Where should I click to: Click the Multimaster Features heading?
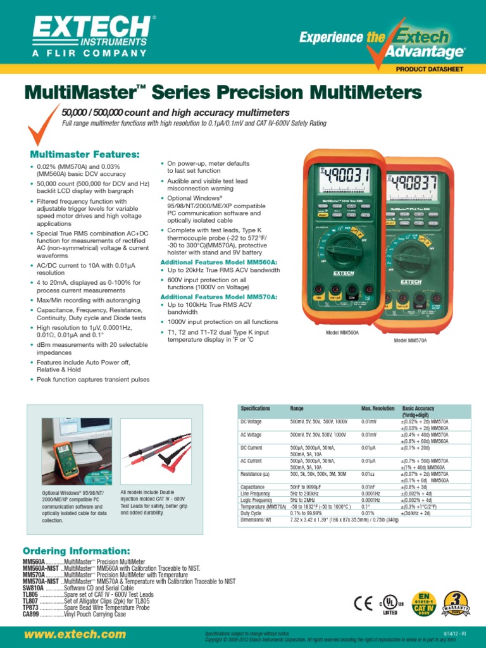pos(85,154)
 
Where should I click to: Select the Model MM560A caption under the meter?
pos(342,332)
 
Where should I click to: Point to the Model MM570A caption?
pos(410,340)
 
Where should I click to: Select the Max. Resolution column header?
pos(378,409)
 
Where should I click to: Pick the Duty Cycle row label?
pos(252,514)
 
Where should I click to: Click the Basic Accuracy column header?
pos(418,409)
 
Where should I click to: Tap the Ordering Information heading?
pos(77,551)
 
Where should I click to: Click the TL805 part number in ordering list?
pos(31,595)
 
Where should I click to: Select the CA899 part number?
pos(31,614)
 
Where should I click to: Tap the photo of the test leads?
pos(154,449)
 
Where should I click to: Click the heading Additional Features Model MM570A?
pos(219,297)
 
